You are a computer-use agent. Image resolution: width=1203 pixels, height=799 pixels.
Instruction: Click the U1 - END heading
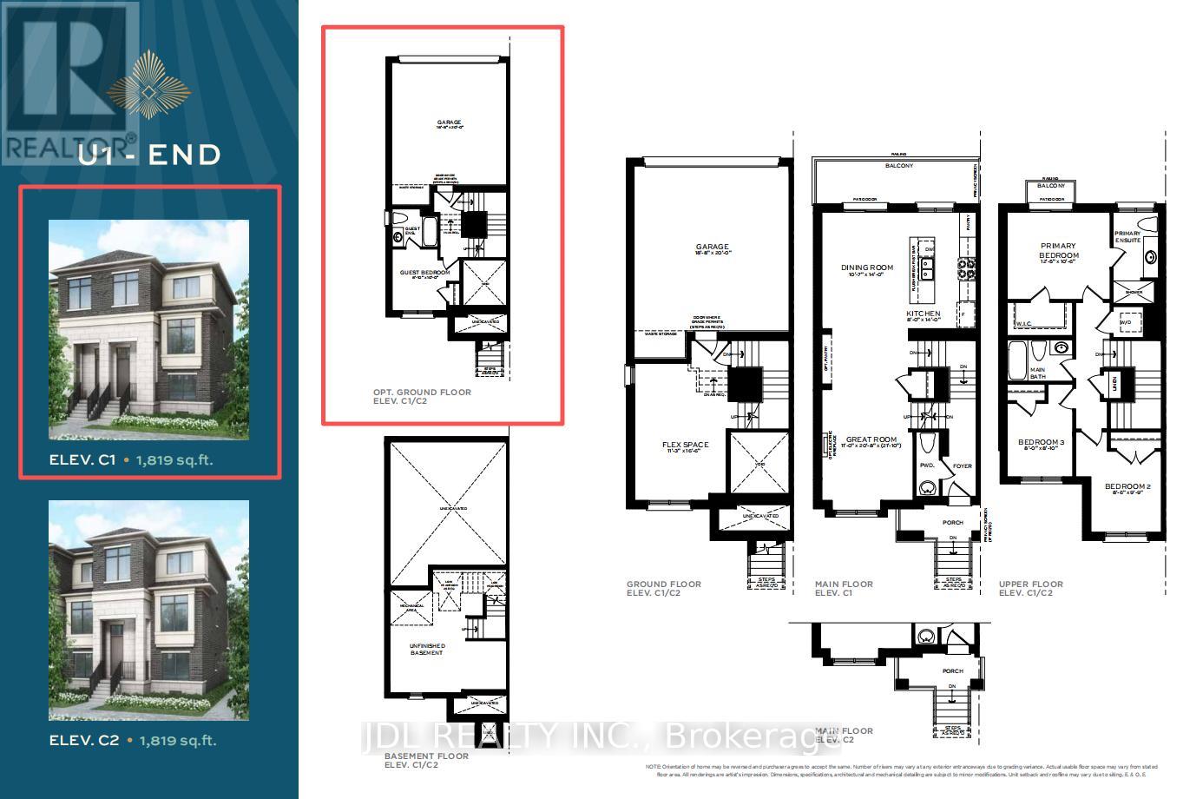click(149, 155)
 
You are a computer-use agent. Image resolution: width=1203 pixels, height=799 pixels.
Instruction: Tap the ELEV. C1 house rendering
click(148, 329)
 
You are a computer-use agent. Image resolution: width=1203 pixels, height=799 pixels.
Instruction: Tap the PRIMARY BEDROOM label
click(1059, 251)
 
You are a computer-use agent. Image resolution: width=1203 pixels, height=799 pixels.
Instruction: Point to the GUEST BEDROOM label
click(424, 273)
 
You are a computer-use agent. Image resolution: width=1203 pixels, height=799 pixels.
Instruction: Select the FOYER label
click(962, 466)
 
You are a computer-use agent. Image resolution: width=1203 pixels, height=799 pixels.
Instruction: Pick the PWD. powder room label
click(927, 466)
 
